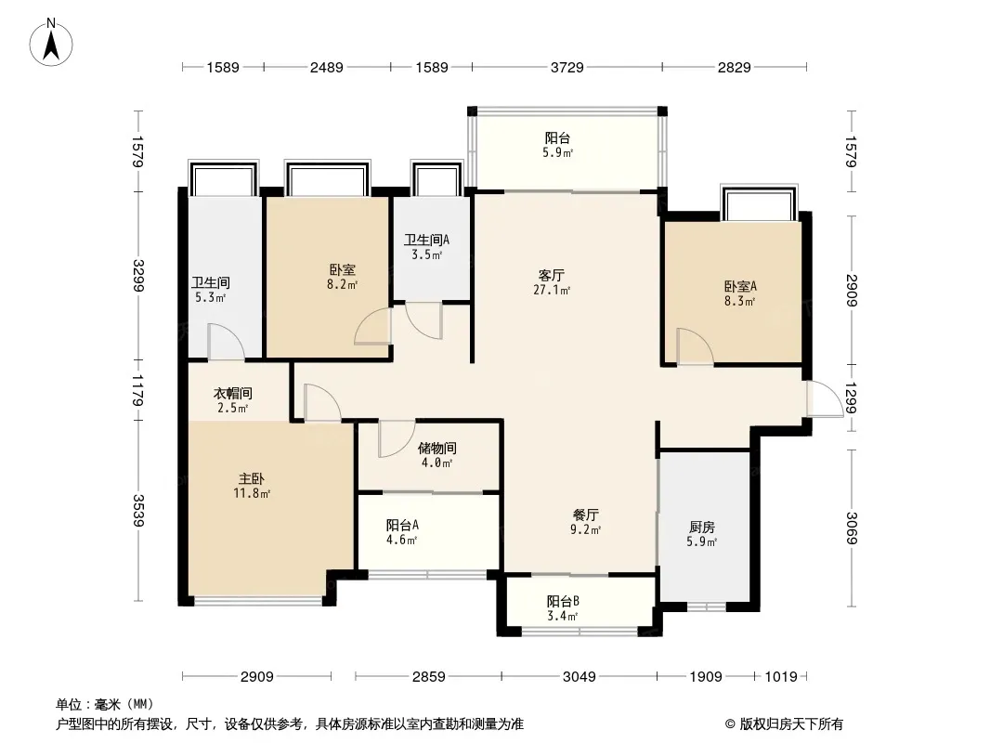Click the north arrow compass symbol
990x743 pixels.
click(x=51, y=43)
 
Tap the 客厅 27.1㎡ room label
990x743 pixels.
click(x=552, y=282)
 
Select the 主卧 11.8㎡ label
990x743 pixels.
click(x=252, y=486)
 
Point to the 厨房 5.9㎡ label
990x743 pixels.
click(x=701, y=534)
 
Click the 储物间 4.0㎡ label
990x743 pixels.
click(x=436, y=455)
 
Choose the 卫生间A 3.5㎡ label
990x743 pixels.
click(x=427, y=247)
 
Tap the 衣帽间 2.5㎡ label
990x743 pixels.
click(x=232, y=400)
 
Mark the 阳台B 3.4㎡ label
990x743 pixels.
click(x=563, y=608)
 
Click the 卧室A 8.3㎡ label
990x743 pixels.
click(x=740, y=293)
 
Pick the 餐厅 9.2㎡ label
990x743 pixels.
click(x=585, y=522)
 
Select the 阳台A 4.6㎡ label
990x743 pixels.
click(x=402, y=532)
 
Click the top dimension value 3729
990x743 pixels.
click(x=567, y=67)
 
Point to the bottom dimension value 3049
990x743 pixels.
click(x=579, y=677)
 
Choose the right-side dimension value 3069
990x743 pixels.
click(x=852, y=528)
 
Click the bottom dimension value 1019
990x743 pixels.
click(x=781, y=677)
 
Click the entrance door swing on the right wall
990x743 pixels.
click(x=826, y=399)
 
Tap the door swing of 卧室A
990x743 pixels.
click(x=696, y=346)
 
